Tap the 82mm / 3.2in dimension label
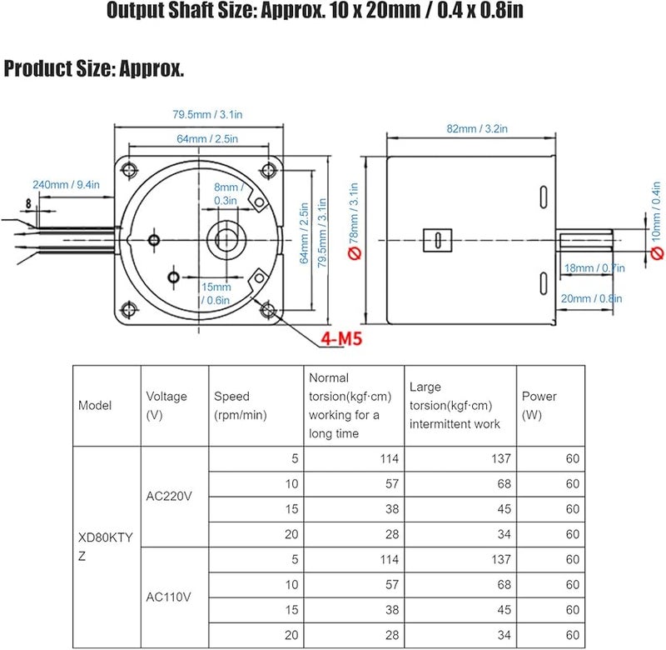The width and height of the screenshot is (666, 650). (x=477, y=128)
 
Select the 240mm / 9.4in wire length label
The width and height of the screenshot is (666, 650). (x=67, y=185)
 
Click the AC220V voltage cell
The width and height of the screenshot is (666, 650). (x=169, y=496)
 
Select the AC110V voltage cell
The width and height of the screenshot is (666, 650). (x=169, y=596)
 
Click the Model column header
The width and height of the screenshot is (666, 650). (x=95, y=406)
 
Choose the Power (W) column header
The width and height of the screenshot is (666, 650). (x=539, y=406)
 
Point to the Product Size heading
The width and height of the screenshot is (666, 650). (x=94, y=69)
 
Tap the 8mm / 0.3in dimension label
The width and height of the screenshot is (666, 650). (x=226, y=194)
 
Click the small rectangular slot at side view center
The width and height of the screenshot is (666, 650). (x=435, y=238)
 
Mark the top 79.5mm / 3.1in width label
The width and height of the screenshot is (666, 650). (x=196, y=114)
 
